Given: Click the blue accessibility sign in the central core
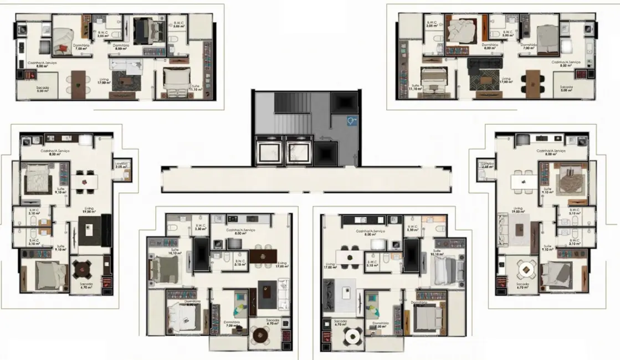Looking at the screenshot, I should click(x=351, y=119).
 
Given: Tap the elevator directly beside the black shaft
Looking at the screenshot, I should click(x=299, y=150).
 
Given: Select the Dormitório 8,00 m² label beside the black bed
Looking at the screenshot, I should click(x=121, y=47).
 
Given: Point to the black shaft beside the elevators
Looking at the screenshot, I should click(x=325, y=152).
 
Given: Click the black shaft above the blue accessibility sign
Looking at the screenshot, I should click(x=342, y=102).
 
